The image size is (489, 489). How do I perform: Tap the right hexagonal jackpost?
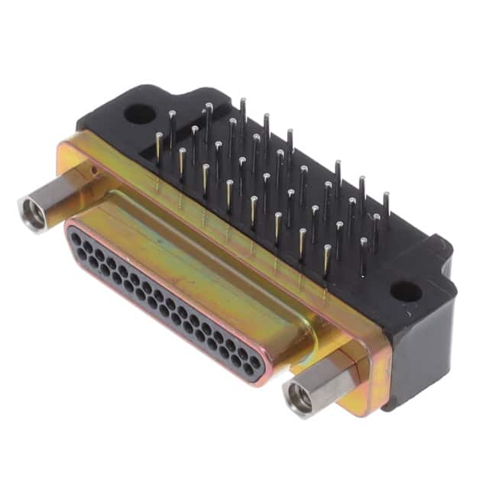pyautogui.click(x=321, y=386)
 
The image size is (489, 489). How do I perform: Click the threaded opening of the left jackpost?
pyautogui.click(x=32, y=214)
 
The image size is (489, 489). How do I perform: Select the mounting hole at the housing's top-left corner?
pyautogui.click(x=139, y=115)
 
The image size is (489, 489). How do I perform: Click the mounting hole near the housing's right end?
pyautogui.click(x=404, y=291)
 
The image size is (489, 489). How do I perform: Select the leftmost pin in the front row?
pyautogui.click(x=158, y=149)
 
